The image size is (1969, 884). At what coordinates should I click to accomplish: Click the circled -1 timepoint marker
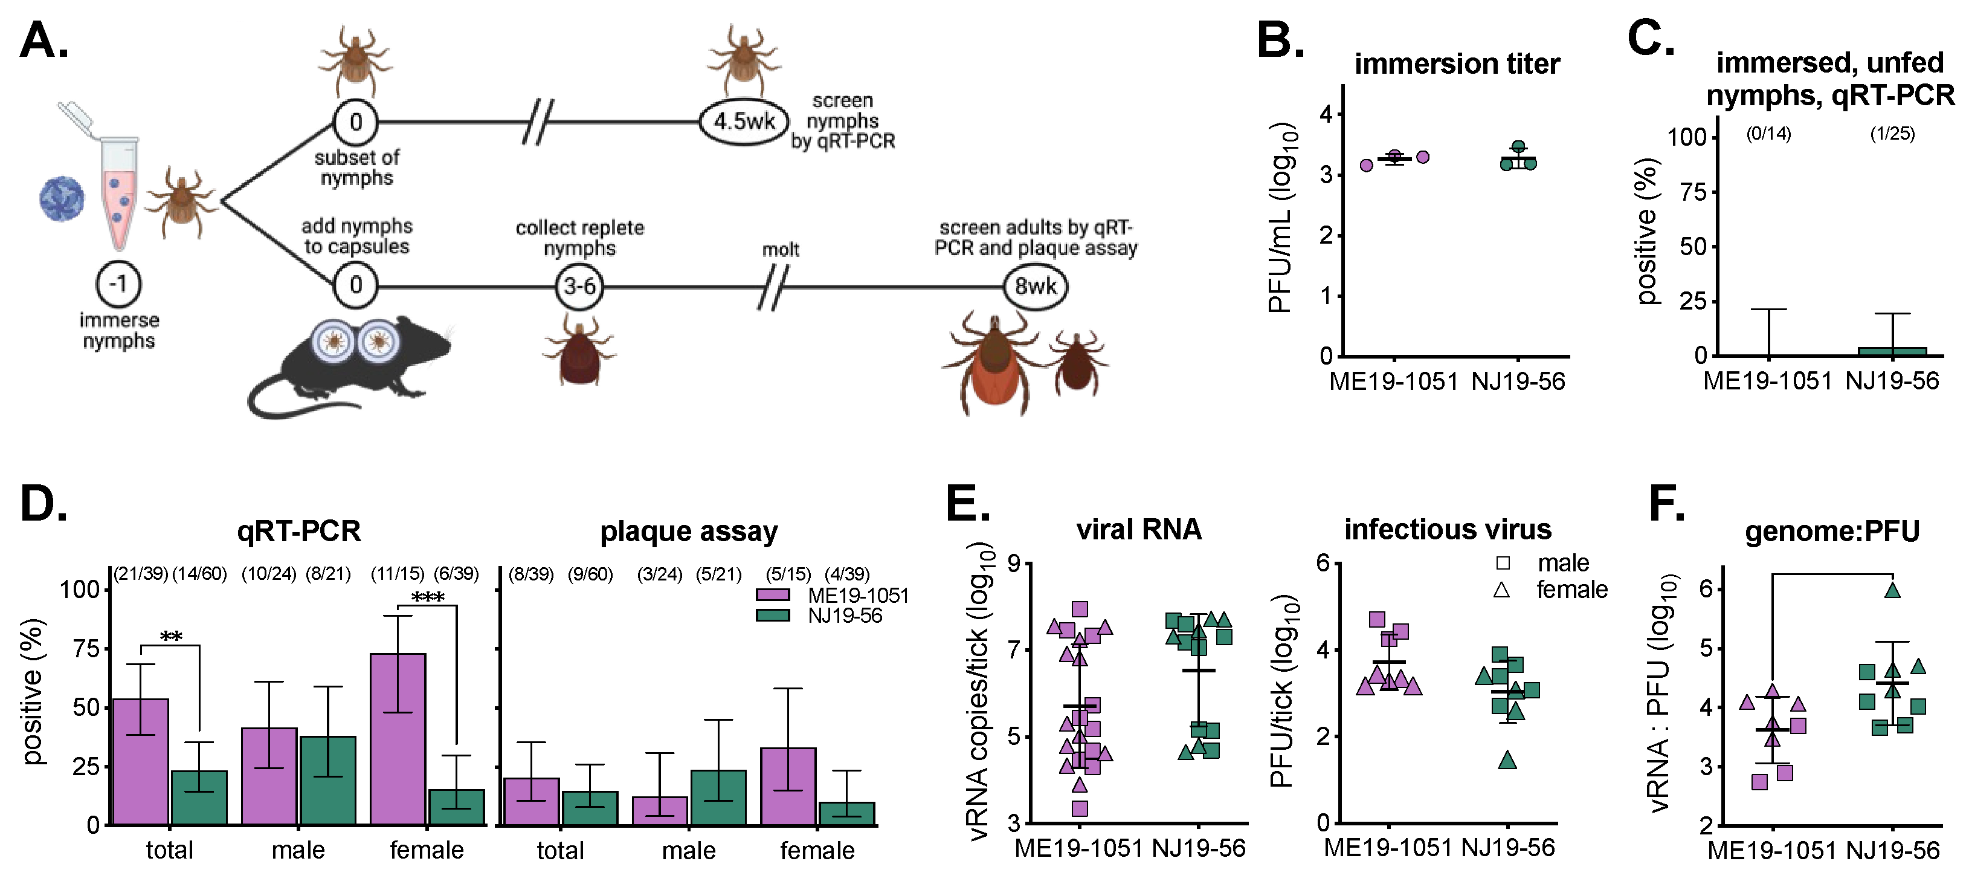(118, 284)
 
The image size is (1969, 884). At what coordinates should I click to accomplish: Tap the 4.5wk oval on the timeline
(744, 121)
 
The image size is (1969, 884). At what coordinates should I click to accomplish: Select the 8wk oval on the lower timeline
(1035, 286)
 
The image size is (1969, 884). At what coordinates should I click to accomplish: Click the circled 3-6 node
(579, 286)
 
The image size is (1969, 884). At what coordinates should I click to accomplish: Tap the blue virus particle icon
(62, 199)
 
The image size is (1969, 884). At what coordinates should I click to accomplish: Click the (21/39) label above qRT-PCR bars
(141, 574)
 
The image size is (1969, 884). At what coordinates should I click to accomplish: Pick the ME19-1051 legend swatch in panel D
(772, 596)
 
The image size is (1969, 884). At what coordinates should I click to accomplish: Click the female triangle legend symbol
(1501, 590)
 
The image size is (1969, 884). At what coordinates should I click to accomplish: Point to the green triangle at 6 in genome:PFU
(1892, 590)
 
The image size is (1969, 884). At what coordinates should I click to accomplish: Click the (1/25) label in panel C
(1892, 134)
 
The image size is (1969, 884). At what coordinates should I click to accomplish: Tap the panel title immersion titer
(1457, 63)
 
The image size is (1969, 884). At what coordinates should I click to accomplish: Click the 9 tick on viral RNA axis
(1014, 564)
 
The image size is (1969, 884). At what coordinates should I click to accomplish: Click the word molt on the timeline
(781, 250)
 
